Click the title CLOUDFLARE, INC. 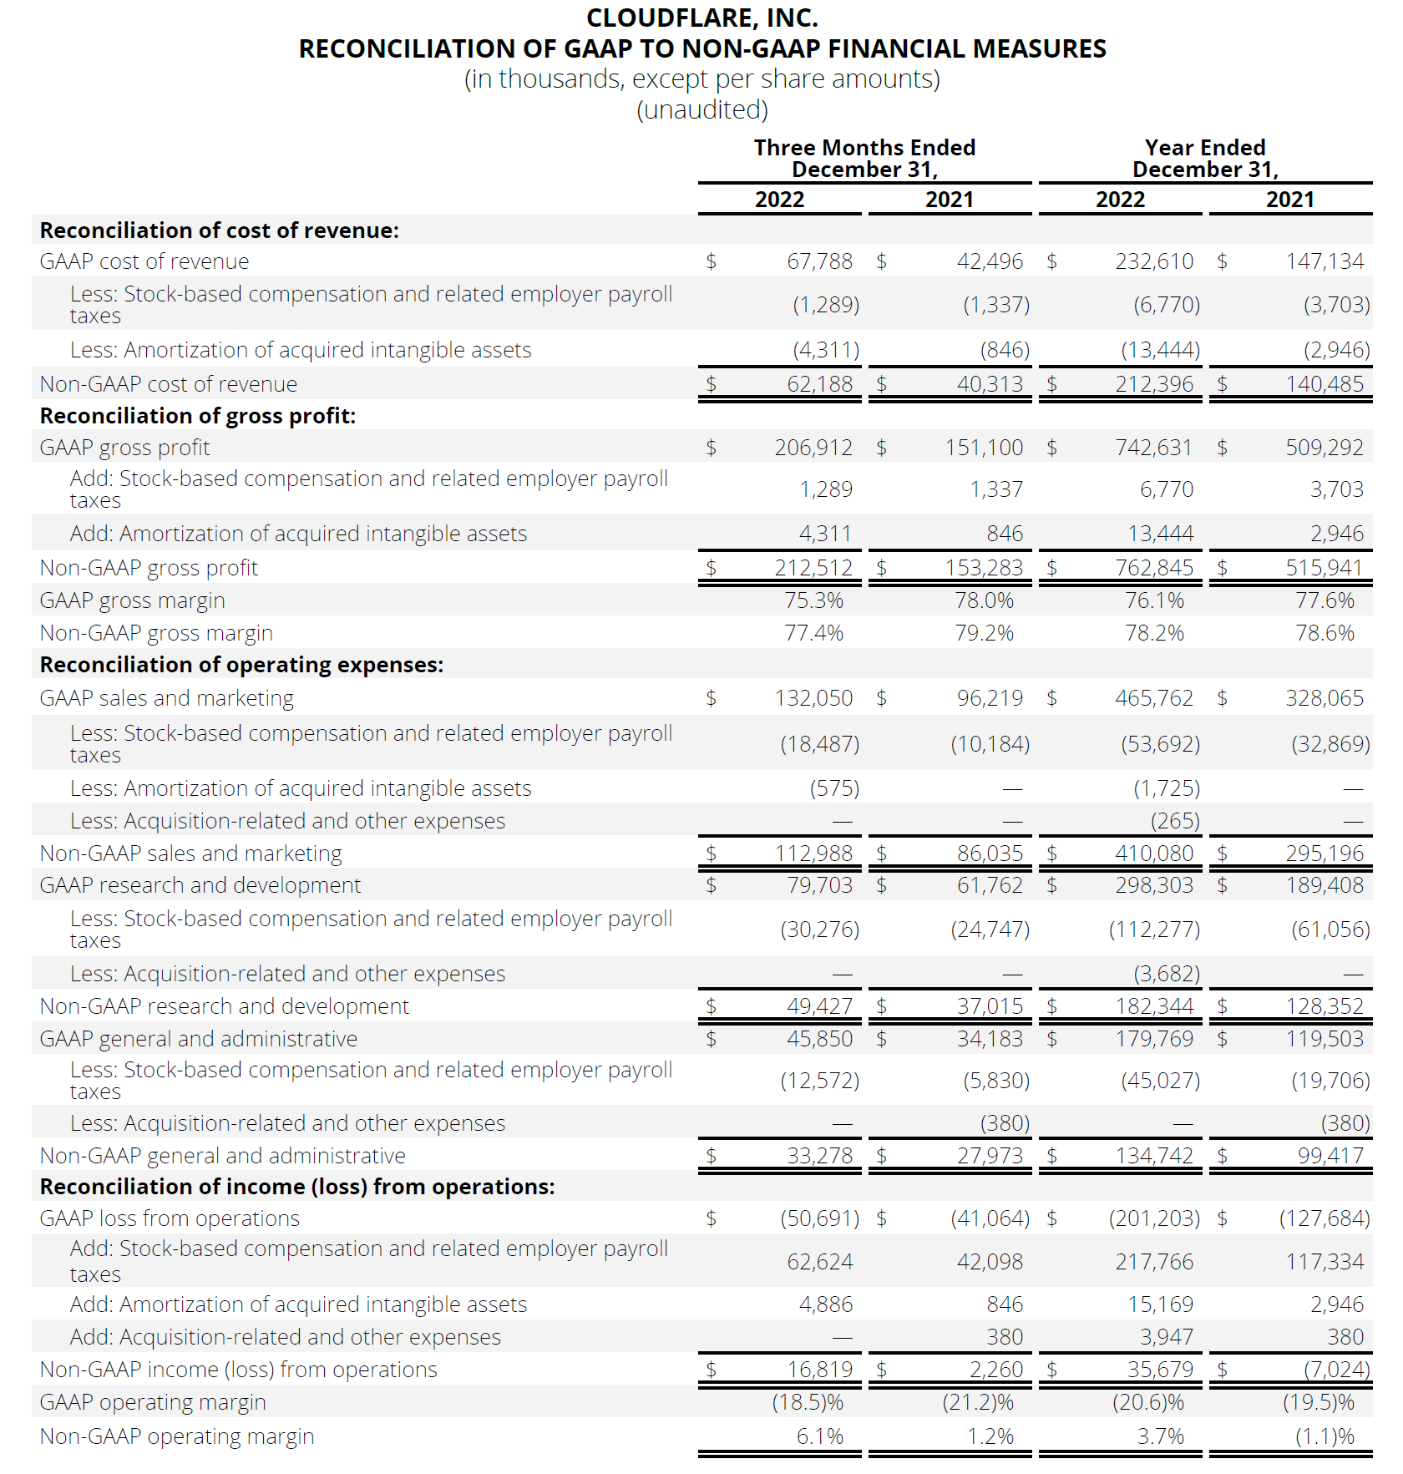pos(701,18)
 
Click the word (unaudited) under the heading pos(701,109)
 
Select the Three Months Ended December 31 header pos(864,159)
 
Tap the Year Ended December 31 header pos(1205,159)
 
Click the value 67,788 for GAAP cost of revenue pos(819,261)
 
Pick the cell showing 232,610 pos(1154,261)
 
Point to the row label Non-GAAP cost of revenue pos(169,384)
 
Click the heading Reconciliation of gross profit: pos(198,416)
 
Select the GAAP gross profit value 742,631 pos(1154,448)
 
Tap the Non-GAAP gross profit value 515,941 pos(1324,568)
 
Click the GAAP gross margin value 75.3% pos(813,600)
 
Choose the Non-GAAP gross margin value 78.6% pos(1324,633)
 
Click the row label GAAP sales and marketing pos(167,698)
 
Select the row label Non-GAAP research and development pos(225,1006)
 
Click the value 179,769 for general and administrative pos(1154,1039)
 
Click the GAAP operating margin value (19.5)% pos(1318,1402)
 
